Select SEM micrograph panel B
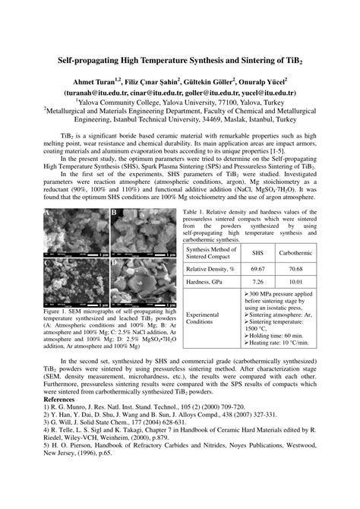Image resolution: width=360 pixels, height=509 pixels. [x=134, y=232]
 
